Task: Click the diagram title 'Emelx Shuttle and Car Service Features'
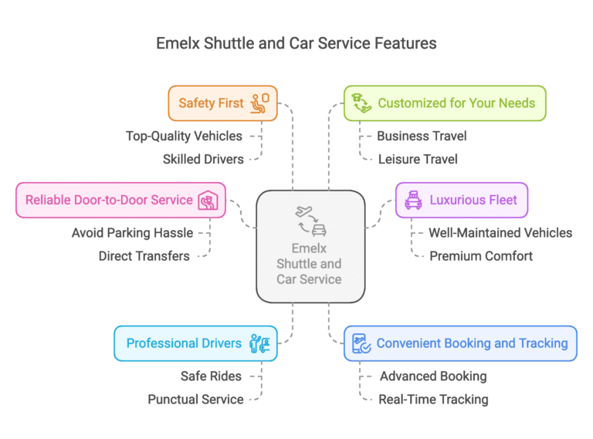pyautogui.click(x=296, y=43)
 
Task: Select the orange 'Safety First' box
pyautogui.click(x=222, y=103)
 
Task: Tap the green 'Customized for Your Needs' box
pyautogui.click(x=444, y=103)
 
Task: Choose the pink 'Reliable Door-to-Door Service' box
pyautogui.click(x=120, y=200)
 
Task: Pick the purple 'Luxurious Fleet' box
pyautogui.click(x=462, y=200)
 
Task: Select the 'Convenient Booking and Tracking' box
pyautogui.click(x=460, y=343)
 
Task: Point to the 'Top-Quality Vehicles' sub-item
pyautogui.click(x=184, y=137)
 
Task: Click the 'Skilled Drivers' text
pyautogui.click(x=203, y=159)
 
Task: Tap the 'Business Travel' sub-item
pyautogui.click(x=422, y=137)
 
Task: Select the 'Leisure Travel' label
pyautogui.click(x=417, y=159)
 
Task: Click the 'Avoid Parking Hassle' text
pyautogui.click(x=132, y=233)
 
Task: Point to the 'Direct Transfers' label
pyautogui.click(x=144, y=255)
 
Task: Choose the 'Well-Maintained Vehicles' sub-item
pyautogui.click(x=501, y=233)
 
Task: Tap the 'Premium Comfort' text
pyautogui.click(x=481, y=255)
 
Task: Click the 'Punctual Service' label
pyautogui.click(x=195, y=399)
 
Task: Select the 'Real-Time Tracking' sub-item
pyautogui.click(x=433, y=399)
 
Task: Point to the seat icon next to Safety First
pyautogui.click(x=260, y=103)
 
